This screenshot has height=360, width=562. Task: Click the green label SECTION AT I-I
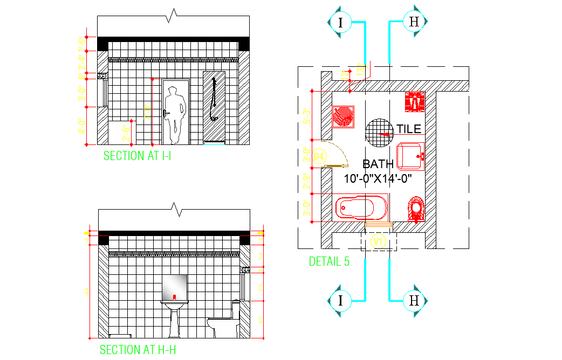coord(137,156)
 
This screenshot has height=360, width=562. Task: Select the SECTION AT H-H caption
coord(138,350)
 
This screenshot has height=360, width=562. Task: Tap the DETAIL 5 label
coord(329,261)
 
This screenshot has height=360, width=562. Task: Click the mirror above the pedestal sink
coord(175,287)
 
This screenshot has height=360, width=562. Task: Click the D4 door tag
coord(319,157)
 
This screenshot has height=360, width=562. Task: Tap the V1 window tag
coord(379,242)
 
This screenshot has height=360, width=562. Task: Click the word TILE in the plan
coord(409,129)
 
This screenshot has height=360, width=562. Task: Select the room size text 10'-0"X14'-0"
coord(378,178)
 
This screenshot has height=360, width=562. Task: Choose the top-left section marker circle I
coord(340,22)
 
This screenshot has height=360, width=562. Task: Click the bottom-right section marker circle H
coord(414,300)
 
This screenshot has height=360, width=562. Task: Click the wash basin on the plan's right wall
coord(411,156)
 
